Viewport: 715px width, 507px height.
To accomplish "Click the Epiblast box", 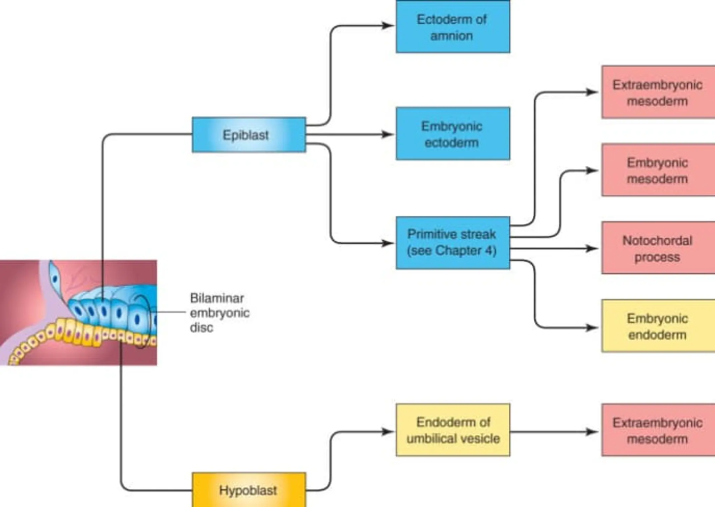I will point(249,135).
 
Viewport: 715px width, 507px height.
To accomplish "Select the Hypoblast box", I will point(249,490).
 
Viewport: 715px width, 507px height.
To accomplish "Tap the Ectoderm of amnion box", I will point(453,27).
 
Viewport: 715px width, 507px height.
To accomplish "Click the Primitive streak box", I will point(453,243).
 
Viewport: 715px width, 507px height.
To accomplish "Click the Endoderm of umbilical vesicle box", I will point(453,430).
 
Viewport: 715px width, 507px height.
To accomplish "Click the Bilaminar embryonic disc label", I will point(219,313).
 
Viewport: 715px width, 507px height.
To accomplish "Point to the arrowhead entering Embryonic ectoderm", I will point(388,134).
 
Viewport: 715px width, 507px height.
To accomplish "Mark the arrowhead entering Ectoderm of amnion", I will point(388,25).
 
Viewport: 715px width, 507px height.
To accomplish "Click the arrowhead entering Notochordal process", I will point(592,248).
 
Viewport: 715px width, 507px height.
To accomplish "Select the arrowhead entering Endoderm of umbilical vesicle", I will point(388,432).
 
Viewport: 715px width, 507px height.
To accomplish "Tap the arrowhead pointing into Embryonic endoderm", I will point(592,328).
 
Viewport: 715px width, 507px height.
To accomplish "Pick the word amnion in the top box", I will point(451,36).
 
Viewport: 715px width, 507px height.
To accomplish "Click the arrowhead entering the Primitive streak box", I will point(388,243).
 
